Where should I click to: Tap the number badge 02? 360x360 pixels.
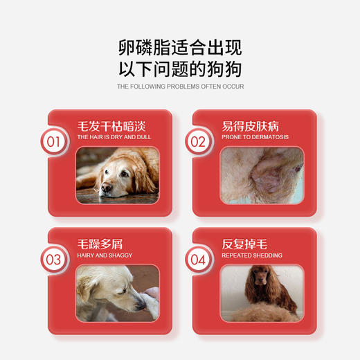tap(199, 143)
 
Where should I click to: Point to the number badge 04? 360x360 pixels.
tap(199, 260)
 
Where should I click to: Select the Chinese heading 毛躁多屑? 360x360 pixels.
tap(100, 244)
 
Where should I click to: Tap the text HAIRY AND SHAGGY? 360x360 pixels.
tap(105, 255)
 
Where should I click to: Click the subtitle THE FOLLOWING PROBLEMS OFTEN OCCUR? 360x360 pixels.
tap(180, 87)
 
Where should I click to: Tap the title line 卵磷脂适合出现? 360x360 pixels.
tap(180, 48)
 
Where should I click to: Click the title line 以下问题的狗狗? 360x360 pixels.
tap(180, 70)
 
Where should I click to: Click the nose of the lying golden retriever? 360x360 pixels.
tap(105, 187)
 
